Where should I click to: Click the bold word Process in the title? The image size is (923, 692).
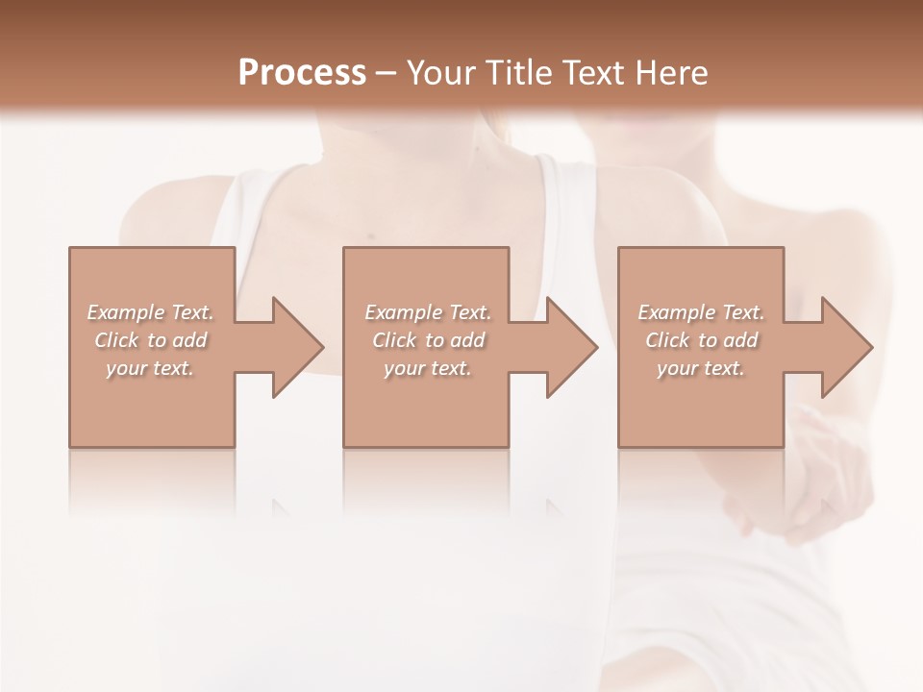302,72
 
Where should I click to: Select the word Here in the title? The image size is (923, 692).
672,72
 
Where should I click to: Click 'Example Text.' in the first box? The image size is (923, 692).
151,312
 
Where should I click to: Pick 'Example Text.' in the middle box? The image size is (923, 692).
428,312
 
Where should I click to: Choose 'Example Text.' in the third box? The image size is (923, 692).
701,312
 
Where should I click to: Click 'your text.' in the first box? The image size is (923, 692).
150,368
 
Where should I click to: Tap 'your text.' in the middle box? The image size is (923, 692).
427,368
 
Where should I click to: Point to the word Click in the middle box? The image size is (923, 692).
394,340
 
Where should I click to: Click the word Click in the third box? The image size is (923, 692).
667,340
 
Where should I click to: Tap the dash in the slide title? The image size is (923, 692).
387,73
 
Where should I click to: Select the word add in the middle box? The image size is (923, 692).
467,340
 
